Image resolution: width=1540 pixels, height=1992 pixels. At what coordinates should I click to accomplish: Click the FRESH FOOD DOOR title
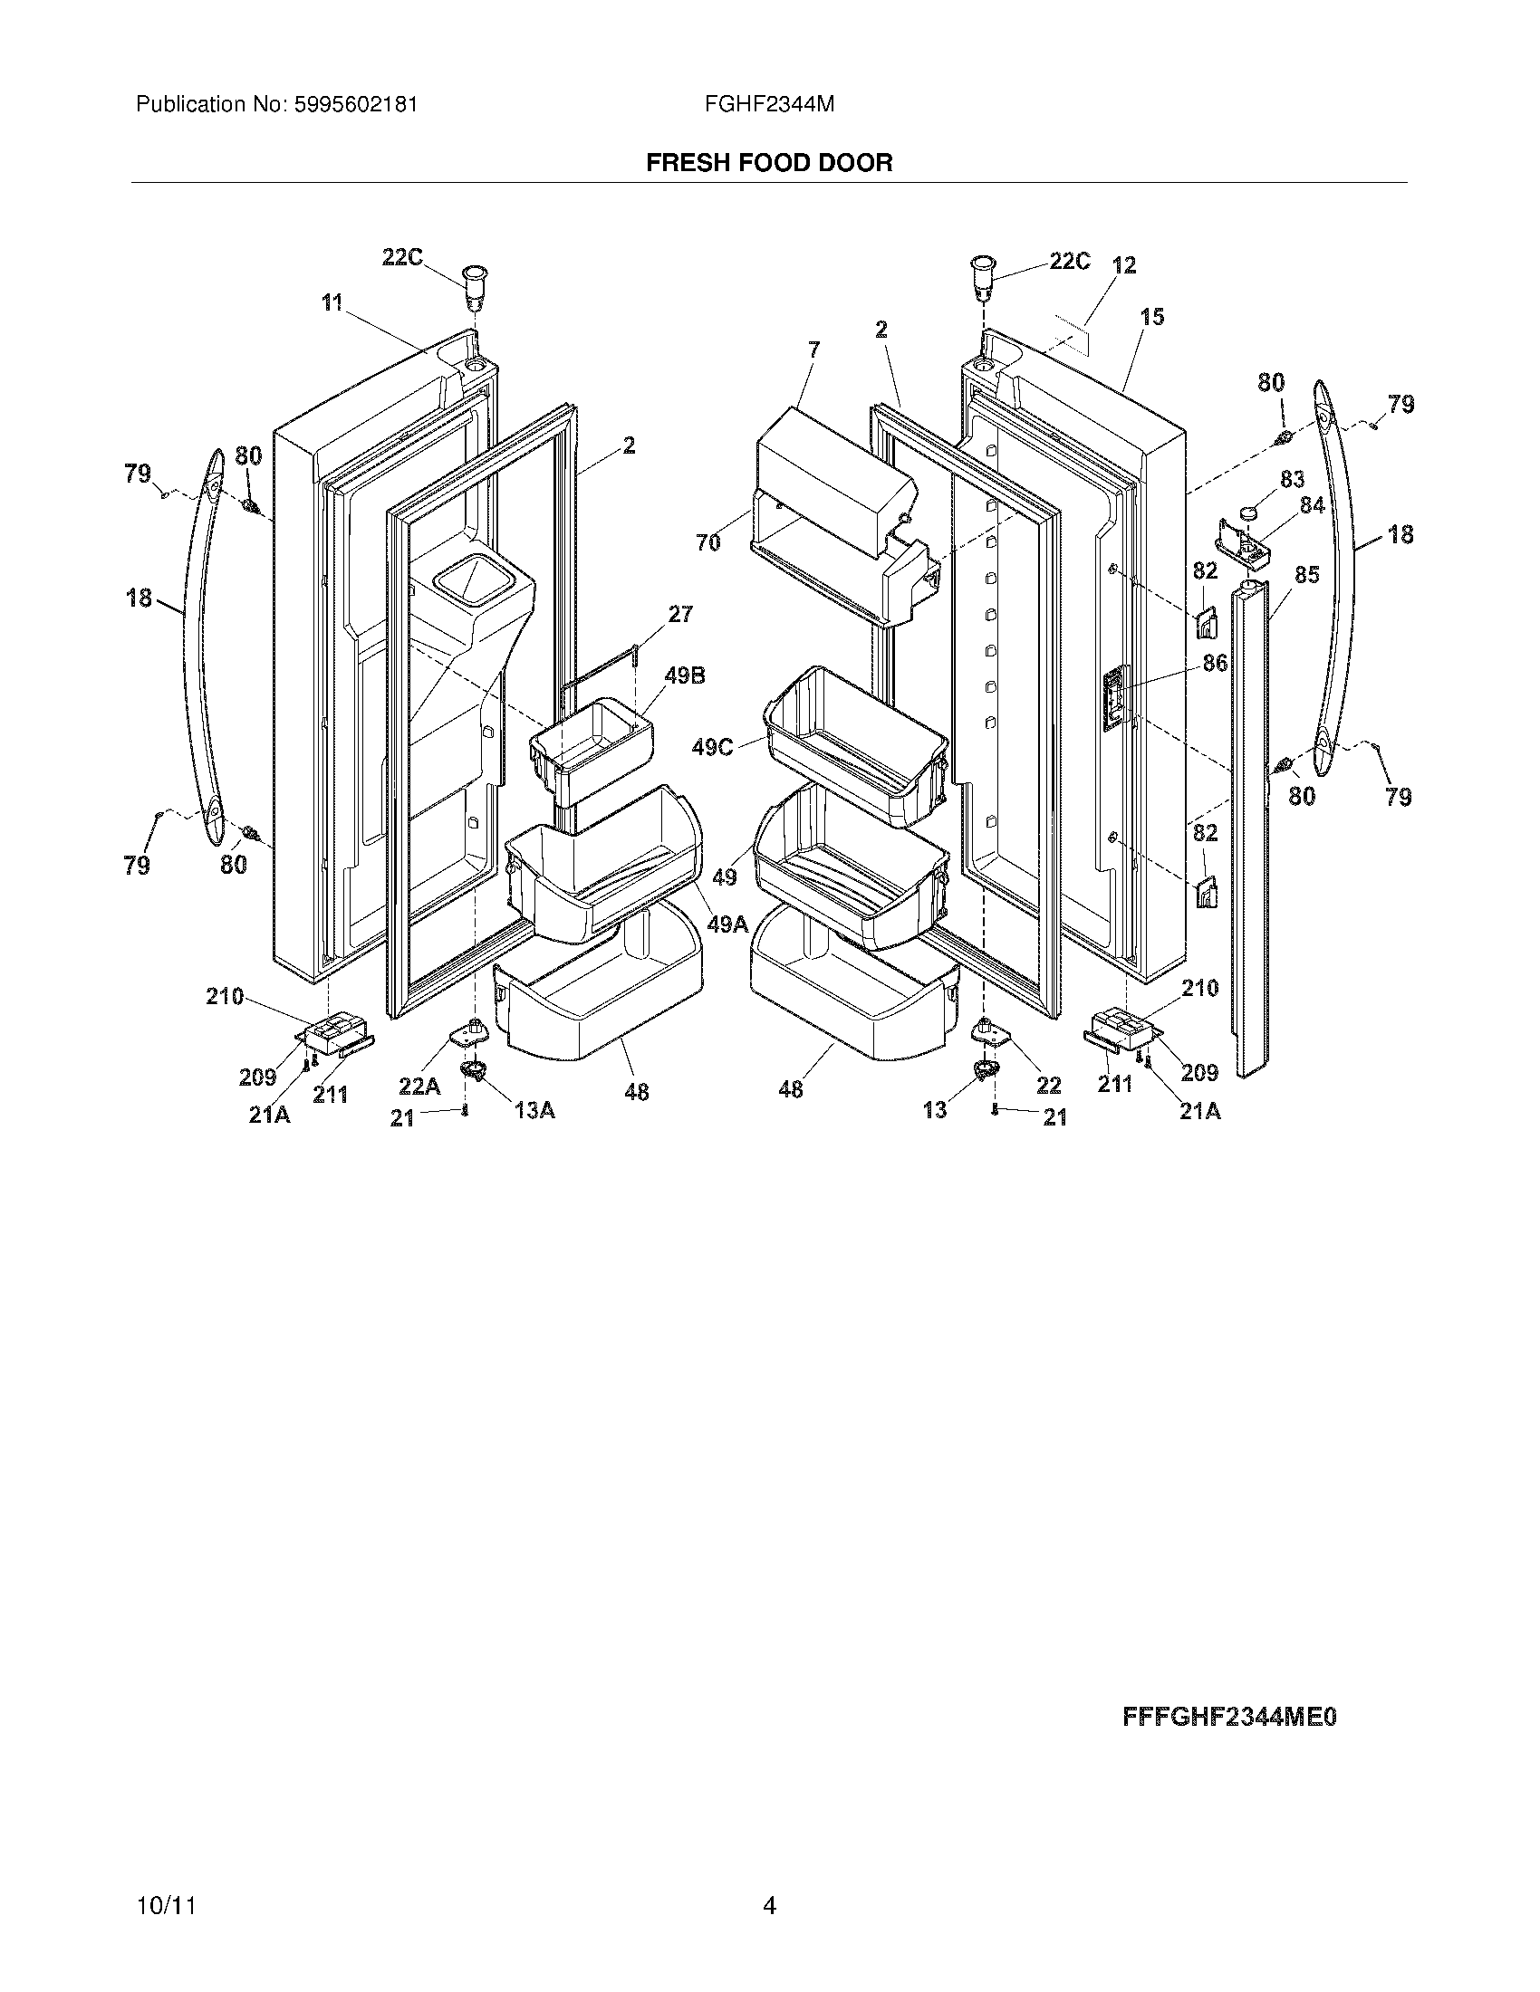(x=769, y=163)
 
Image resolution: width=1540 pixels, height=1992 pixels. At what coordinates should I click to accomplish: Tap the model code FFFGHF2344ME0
(x=1229, y=1718)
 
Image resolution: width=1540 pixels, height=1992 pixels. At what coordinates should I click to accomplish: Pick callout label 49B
(x=684, y=675)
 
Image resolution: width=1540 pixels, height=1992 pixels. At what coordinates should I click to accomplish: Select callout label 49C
(x=712, y=748)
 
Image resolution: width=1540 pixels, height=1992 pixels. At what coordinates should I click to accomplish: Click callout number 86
(x=1214, y=663)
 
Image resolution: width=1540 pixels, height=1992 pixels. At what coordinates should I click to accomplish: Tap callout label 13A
(x=534, y=1110)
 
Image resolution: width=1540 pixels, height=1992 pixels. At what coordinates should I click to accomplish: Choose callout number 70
(x=708, y=542)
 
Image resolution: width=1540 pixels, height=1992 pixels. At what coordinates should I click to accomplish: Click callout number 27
(x=680, y=614)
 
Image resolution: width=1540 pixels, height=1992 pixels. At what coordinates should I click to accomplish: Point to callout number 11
(x=332, y=302)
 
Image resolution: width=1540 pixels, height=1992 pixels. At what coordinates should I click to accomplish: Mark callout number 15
(x=1152, y=317)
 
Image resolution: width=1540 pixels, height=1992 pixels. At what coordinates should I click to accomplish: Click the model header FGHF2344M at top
(x=769, y=104)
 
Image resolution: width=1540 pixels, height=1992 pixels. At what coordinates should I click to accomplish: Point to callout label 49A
(x=727, y=924)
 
